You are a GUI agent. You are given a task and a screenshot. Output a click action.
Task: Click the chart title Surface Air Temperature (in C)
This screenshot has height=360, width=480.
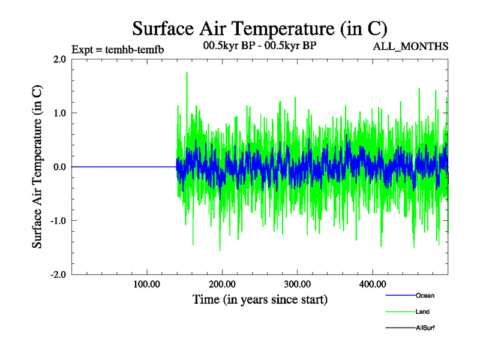260,28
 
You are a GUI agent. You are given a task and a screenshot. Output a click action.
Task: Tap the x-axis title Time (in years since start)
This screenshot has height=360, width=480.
260,298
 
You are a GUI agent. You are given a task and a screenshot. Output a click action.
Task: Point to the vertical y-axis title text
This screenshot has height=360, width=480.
37,167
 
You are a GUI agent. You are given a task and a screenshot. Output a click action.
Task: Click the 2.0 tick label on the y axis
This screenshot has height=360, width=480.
59,59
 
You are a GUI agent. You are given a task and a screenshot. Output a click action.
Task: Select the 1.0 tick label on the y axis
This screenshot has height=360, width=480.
59,113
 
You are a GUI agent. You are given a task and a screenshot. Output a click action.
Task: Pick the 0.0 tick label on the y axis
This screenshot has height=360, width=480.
59,167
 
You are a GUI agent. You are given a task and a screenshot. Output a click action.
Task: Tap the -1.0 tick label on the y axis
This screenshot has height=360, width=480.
58,220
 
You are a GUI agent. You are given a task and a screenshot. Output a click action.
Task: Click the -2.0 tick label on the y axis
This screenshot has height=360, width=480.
58,274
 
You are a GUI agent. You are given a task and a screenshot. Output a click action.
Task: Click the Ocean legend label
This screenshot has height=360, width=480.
425,296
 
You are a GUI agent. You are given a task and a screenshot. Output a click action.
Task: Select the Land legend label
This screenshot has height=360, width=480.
422,312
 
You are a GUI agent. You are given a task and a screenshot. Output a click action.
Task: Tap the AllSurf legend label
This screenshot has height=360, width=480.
425,328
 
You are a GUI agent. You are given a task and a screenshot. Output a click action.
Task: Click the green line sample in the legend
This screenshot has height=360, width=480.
400,312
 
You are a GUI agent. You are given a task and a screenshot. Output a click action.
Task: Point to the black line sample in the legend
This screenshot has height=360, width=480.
400,328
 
